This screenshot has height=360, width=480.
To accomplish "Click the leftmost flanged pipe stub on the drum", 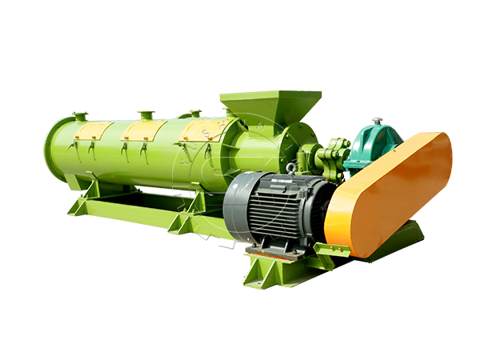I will pyautogui.click(x=80, y=117).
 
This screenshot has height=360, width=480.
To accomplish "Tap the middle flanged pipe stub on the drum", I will pyautogui.click(x=145, y=115).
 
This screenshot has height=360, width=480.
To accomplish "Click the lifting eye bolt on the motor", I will pyautogui.click(x=291, y=168).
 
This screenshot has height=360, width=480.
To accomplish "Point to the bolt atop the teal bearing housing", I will pyautogui.click(x=376, y=122).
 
